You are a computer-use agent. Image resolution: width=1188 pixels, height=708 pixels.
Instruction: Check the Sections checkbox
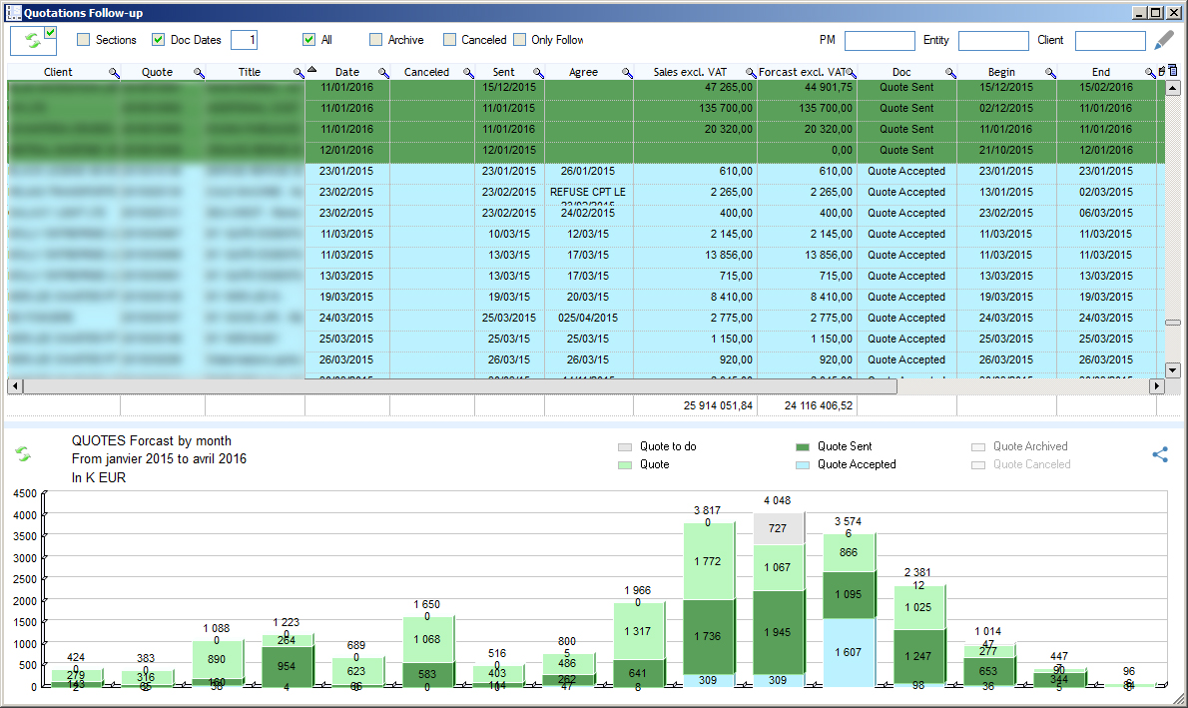[x=84, y=40]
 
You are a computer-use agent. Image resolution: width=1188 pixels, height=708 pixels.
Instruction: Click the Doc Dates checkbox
[x=158, y=40]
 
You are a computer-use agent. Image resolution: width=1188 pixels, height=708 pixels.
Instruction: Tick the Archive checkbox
[x=375, y=40]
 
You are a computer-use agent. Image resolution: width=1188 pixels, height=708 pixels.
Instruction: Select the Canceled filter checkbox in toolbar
[x=450, y=40]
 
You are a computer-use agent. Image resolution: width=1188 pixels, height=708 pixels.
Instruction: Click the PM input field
[x=879, y=41]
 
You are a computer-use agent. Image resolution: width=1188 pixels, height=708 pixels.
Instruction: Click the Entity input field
[x=992, y=41]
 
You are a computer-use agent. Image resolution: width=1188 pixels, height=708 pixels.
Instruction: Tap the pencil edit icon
[x=1164, y=40]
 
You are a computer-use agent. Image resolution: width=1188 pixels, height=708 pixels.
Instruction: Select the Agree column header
[x=583, y=72]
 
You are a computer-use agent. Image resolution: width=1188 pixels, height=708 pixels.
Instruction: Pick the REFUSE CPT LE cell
[x=588, y=192]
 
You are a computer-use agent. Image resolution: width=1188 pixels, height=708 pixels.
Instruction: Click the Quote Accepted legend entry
[x=856, y=464]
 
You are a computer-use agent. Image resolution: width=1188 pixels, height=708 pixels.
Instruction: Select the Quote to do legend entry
[x=667, y=446]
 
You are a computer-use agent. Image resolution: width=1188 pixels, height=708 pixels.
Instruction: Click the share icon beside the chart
[x=1160, y=454]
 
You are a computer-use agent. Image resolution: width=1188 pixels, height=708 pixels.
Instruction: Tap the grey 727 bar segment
[x=777, y=528]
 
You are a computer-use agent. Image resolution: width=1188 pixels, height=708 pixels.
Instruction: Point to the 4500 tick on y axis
[x=25, y=493]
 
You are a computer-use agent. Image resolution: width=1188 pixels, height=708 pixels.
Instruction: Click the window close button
[x=1173, y=12]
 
